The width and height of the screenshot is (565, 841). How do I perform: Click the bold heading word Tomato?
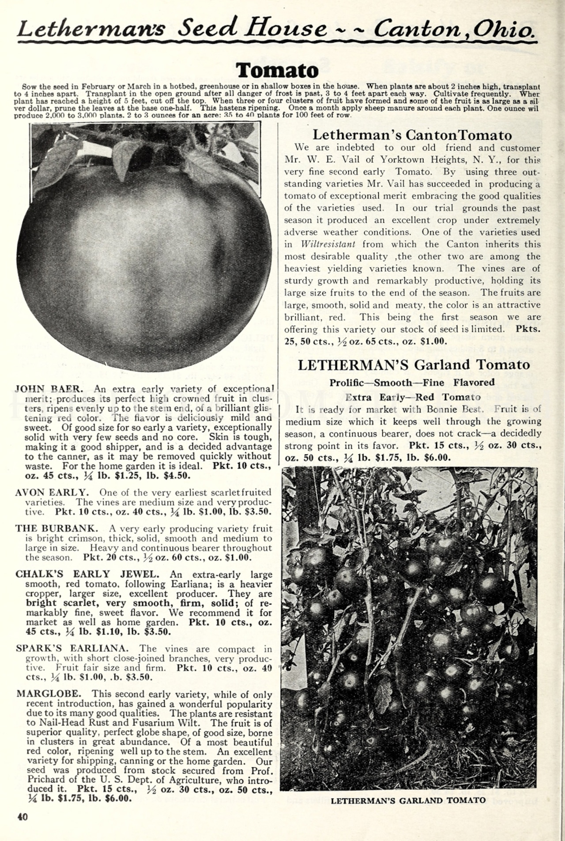point(277,71)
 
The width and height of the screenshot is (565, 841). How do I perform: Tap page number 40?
point(22,817)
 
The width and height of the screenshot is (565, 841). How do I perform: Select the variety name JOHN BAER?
point(49,389)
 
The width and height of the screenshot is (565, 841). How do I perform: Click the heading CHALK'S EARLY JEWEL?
point(87,574)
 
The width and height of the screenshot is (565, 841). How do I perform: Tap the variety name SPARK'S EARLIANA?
point(72,649)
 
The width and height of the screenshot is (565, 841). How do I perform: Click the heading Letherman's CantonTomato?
point(412,135)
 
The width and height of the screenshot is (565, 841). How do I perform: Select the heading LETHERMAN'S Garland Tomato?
point(414,365)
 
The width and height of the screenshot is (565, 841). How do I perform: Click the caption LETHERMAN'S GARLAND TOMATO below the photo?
point(408,800)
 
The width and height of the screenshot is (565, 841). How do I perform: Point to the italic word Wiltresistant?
point(328,244)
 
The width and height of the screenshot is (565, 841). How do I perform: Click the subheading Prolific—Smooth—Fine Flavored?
point(412,383)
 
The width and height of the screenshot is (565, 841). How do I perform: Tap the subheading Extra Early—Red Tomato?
point(413,397)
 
